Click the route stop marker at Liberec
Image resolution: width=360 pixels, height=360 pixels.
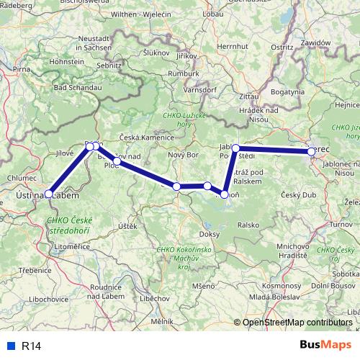point(311,152)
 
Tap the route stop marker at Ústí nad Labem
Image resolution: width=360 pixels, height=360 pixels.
point(48,194)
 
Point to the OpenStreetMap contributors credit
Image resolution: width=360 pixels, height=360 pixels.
point(297,323)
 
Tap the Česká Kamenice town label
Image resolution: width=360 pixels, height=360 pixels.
point(147,138)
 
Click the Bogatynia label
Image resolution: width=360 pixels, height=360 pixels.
point(289,93)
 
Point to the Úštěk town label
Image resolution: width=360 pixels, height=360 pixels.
point(127,227)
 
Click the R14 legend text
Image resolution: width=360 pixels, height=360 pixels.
point(32,346)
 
